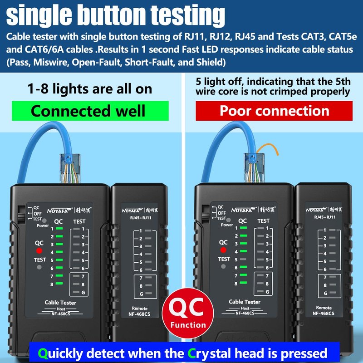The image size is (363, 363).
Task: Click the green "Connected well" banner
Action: tap(90, 111)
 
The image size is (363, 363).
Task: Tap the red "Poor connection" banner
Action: tap(274, 111)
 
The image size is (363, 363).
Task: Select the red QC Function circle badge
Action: tap(188, 313)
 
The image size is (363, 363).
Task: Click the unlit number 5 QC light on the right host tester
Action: tap(243, 259)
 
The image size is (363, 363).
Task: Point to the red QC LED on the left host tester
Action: tap(39, 251)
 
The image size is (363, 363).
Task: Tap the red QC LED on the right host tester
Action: tap(223, 250)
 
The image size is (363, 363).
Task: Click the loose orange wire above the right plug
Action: tap(268, 148)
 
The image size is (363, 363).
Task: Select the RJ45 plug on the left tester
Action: tap(70, 168)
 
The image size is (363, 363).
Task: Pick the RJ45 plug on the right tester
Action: tap(254, 168)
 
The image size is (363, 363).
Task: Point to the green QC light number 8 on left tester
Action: tap(59, 283)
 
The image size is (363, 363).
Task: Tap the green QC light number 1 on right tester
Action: tap(243, 228)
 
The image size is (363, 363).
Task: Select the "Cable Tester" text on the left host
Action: tap(60, 303)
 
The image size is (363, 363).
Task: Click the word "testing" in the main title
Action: tap(188, 15)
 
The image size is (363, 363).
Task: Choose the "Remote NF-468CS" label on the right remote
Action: tap(324, 310)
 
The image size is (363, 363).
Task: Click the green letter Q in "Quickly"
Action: tap(43, 353)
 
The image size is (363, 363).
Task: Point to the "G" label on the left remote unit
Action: tap(141, 294)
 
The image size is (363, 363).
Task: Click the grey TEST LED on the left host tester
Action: tap(39, 267)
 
